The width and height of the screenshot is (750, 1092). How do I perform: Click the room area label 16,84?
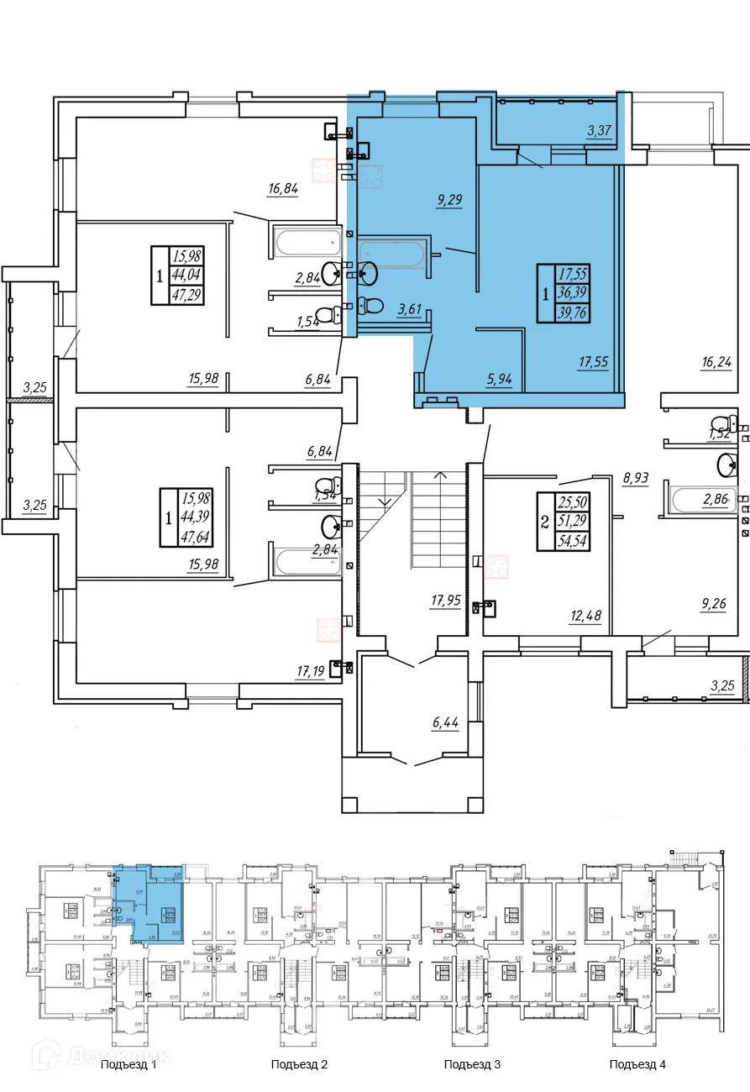(283, 189)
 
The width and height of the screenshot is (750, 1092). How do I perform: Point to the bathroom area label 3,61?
(409, 308)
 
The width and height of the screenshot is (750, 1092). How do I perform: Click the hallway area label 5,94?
(499, 378)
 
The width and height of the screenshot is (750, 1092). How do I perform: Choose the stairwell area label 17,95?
(445, 601)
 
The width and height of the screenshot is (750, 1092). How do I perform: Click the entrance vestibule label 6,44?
(445, 722)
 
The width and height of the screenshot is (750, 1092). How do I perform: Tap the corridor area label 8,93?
(637, 480)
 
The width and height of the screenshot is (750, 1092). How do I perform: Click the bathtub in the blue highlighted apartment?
(392, 254)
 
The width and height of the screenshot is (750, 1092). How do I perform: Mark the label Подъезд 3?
(472, 1064)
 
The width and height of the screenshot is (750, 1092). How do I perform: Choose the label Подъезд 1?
(128, 1064)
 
